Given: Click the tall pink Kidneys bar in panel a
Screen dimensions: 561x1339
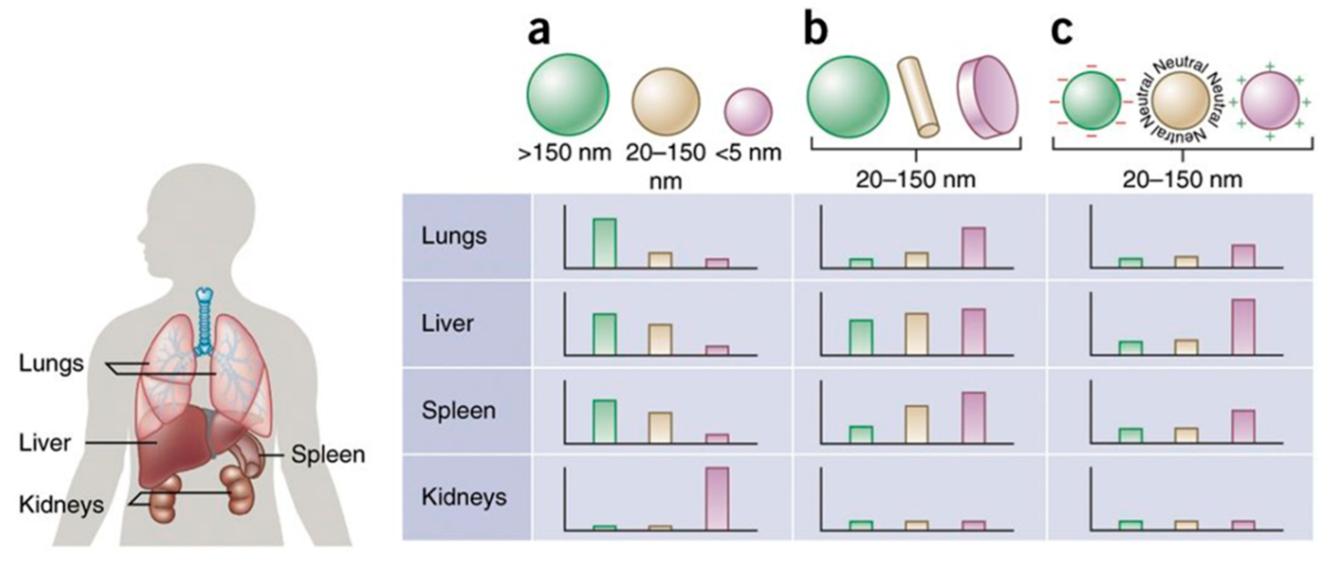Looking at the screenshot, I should (x=717, y=498).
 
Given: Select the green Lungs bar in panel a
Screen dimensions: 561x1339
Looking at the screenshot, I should (x=605, y=243).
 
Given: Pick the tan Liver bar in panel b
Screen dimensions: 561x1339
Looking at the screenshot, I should (x=917, y=334).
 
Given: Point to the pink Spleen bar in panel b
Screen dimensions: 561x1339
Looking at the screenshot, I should (x=974, y=418).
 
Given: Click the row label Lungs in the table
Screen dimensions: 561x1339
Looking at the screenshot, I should (x=454, y=237).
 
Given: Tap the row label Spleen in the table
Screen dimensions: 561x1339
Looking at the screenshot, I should (x=458, y=411).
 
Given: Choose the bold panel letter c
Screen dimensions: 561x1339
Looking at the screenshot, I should (x=1062, y=31).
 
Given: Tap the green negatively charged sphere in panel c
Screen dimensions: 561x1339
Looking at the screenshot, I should (x=1091, y=101).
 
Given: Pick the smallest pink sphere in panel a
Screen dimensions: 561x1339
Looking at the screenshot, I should (x=748, y=111).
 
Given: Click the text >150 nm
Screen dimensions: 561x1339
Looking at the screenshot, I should (x=564, y=153).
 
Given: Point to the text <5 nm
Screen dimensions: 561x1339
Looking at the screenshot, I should (x=748, y=153).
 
